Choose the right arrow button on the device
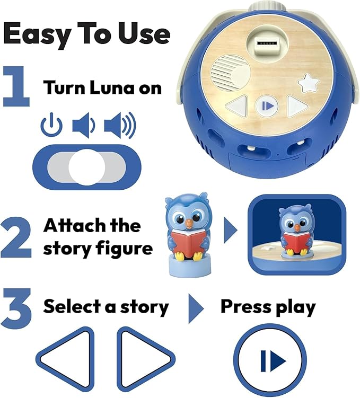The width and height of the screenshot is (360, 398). coord(296,105)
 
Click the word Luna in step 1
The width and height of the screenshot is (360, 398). coord(110,87)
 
